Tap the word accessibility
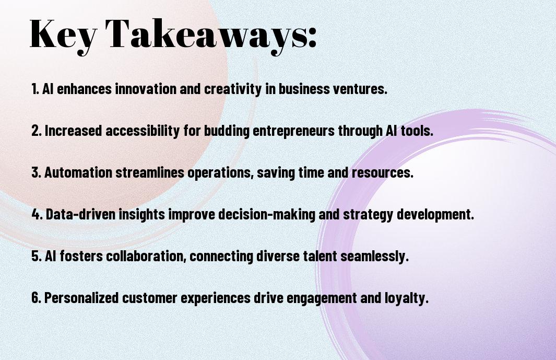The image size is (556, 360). point(143,131)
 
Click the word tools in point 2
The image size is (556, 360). point(417,131)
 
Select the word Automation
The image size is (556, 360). point(78,172)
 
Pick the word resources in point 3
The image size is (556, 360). point(383,173)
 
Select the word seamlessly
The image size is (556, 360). point(375,257)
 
